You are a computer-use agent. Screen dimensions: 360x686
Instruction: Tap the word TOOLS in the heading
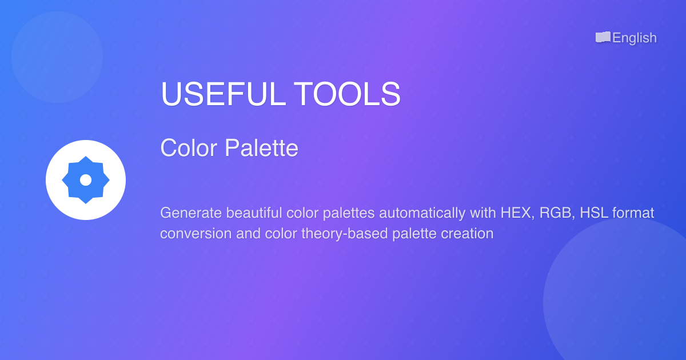347,94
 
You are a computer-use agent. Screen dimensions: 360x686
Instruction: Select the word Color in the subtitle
189,148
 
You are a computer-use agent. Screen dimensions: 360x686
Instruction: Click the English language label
635,38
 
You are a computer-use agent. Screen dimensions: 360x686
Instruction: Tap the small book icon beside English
603,37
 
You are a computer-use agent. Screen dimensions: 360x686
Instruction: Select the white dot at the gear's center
86,180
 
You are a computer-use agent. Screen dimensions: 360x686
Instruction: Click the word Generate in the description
191,213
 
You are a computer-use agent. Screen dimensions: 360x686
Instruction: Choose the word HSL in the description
594,213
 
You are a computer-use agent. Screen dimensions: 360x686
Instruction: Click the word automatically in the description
422,213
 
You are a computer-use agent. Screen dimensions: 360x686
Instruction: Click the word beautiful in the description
254,213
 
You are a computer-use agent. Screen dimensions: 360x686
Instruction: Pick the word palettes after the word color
349,213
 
